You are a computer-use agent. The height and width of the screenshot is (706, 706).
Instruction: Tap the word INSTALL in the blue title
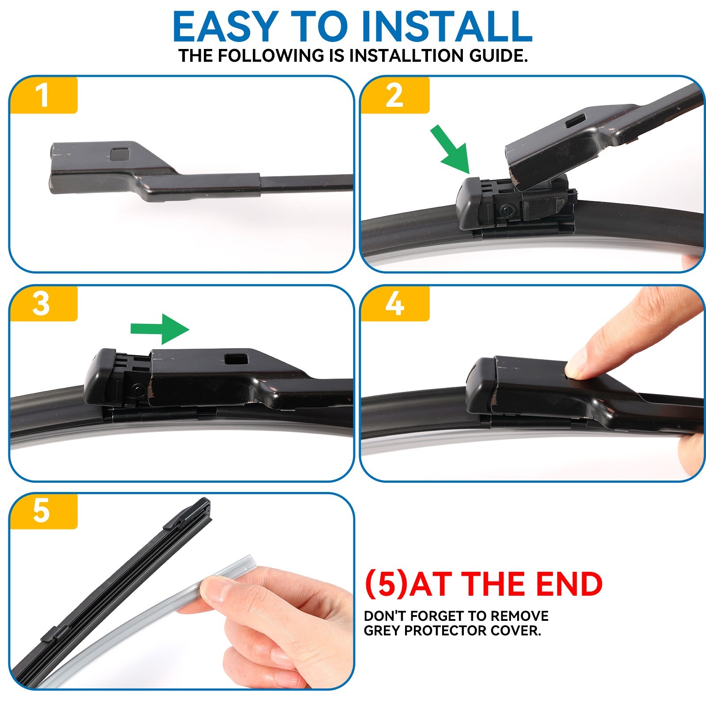[447, 27]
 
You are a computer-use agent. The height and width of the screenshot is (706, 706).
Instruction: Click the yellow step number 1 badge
[43, 95]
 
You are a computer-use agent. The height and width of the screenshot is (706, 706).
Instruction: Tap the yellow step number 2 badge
[394, 95]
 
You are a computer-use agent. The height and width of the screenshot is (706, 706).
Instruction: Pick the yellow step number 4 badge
[394, 304]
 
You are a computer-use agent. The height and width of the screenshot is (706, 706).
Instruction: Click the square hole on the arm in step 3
[235, 359]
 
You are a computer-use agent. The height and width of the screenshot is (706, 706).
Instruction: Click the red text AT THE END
[506, 584]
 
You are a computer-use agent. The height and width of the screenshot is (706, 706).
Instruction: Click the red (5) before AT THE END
[386, 584]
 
